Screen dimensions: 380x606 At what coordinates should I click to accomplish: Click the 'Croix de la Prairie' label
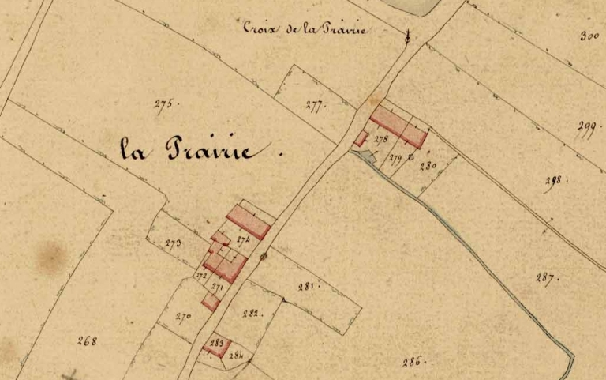click(x=305, y=28)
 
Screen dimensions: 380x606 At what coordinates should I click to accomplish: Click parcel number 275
click(x=163, y=103)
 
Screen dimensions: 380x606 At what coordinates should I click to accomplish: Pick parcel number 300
click(x=589, y=36)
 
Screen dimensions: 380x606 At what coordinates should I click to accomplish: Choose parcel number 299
click(x=584, y=129)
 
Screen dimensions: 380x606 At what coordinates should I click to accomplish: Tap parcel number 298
click(x=553, y=181)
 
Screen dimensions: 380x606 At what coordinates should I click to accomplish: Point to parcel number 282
click(x=251, y=314)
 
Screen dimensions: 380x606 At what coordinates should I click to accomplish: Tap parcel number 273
click(x=174, y=243)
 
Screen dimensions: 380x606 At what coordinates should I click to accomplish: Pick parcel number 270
click(x=183, y=318)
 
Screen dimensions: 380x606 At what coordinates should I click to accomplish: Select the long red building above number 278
click(x=398, y=126)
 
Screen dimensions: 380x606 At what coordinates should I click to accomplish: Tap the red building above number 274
click(x=248, y=220)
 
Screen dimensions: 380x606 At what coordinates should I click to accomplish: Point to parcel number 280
click(x=428, y=166)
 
